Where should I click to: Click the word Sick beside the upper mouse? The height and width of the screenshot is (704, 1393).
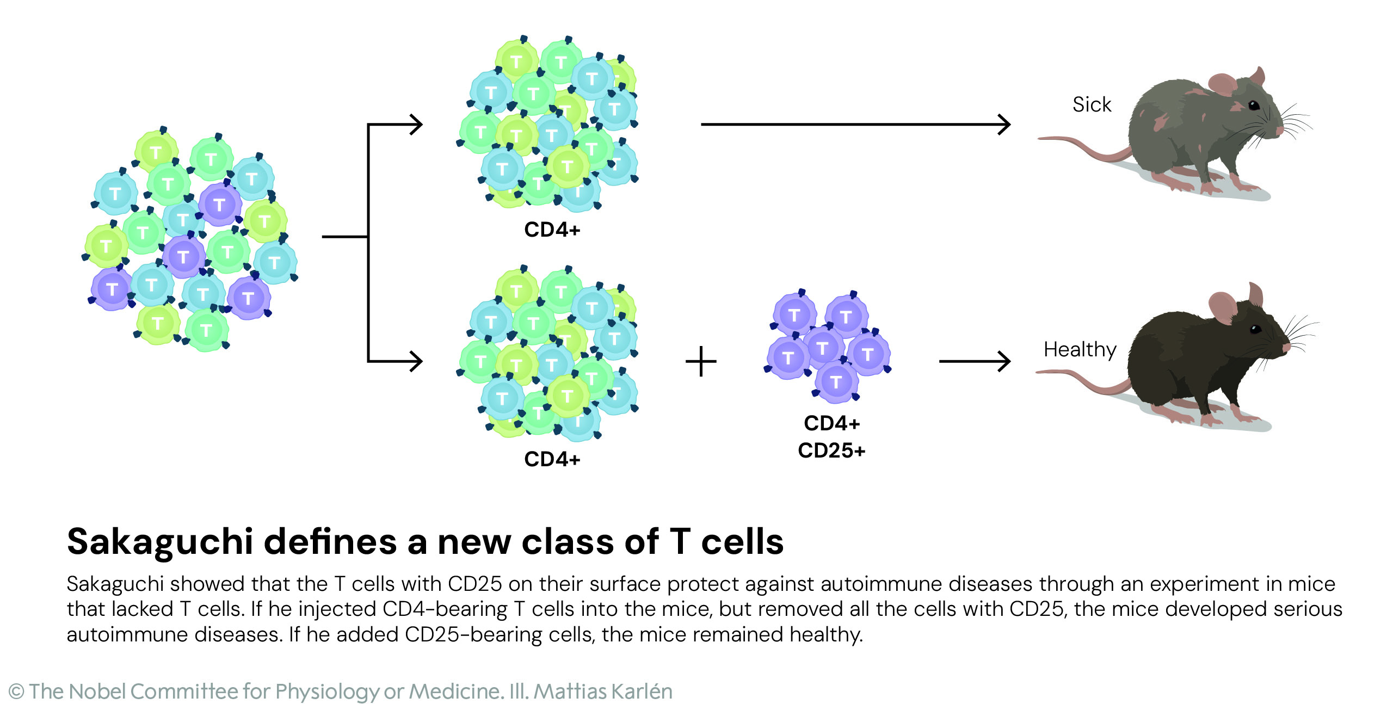1091,104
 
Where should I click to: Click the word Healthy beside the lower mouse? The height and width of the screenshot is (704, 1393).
1080,349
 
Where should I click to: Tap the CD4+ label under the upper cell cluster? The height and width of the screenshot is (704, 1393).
552,230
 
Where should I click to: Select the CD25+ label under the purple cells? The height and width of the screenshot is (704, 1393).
831,450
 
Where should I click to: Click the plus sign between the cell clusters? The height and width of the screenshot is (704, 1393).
701,362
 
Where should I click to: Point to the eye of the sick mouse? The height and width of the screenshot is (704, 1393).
1253,105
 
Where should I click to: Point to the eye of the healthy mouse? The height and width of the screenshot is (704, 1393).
1255,329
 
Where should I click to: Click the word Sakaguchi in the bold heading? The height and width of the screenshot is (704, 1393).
160,542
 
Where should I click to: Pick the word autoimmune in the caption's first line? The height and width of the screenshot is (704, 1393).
877,584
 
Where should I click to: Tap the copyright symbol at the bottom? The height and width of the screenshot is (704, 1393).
16,692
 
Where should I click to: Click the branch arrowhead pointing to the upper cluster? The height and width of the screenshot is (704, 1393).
416,125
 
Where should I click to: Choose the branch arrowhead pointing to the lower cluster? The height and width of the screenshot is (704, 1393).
416,361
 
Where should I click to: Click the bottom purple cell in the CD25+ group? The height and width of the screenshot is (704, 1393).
836,382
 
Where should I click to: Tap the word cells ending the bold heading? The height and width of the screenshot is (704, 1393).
742,542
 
